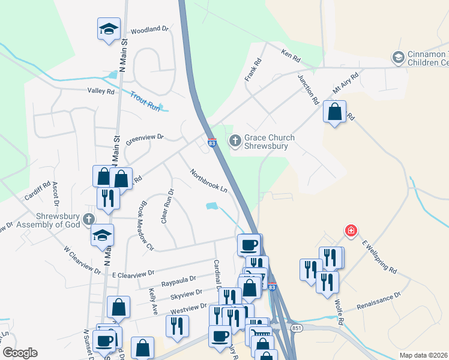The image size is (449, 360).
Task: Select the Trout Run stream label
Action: click(x=145, y=100)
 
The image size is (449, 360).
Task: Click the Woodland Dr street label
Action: click(x=149, y=29)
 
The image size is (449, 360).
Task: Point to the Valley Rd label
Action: click(x=100, y=91)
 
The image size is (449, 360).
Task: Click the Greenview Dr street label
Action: click(x=145, y=137)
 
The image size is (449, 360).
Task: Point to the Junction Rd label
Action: click(x=307, y=90)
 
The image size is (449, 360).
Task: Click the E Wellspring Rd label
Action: click(x=379, y=258)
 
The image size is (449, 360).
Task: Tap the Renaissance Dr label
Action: click(x=378, y=301)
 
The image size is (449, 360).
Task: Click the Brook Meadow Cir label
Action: click(x=147, y=225)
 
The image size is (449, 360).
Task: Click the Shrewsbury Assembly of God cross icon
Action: click(x=89, y=218)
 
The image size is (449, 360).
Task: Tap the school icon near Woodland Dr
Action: click(x=109, y=28)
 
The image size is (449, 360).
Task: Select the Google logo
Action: click(x=20, y=353)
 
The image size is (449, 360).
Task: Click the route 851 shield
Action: click(x=297, y=328)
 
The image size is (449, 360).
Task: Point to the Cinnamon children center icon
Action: click(x=397, y=58)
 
